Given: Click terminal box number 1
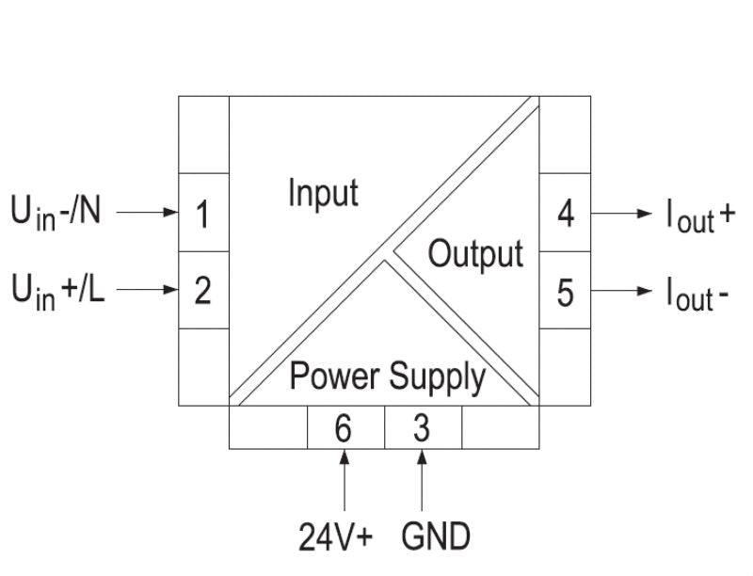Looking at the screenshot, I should click(203, 213).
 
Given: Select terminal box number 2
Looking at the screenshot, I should click(203, 291).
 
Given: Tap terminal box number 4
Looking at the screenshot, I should click(565, 213).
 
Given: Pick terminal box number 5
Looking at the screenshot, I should click(565, 292).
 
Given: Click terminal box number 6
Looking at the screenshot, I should click(345, 428).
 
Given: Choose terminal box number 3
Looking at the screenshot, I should click(423, 428).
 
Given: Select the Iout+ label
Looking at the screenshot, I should click(700, 216).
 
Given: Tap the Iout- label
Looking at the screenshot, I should click(697, 294).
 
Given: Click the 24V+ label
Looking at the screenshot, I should click(336, 537).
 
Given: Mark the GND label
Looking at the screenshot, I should click(435, 537).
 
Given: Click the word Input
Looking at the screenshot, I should click(323, 194).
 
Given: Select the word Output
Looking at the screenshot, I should click(475, 254).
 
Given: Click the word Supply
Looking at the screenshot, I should click(438, 378).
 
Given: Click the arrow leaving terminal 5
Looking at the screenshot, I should click(620, 292).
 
